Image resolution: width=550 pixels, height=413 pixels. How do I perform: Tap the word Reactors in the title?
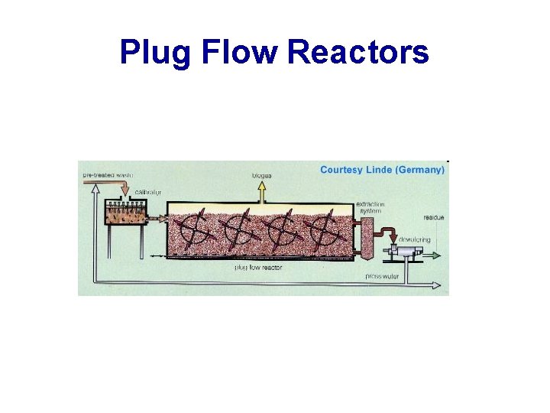(358, 52)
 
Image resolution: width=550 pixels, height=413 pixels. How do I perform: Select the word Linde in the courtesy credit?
(379, 170)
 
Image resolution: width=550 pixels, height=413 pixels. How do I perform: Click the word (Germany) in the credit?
(420, 170)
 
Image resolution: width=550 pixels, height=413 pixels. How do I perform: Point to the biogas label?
(262, 176)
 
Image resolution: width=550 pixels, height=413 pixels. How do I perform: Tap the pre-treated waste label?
(108, 174)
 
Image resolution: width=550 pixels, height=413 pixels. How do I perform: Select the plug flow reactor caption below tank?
(258, 267)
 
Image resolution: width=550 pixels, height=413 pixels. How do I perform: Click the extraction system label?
(370, 208)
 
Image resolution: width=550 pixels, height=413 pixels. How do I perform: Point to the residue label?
(435, 218)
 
